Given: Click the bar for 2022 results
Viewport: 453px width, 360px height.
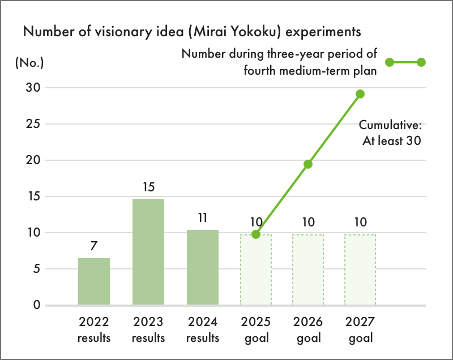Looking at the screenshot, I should (x=94, y=282).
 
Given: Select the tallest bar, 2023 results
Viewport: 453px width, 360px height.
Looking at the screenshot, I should (x=148, y=252).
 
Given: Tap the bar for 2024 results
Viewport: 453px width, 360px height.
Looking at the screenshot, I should (x=203, y=268).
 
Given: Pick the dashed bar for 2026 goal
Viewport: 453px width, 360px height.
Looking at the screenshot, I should (x=308, y=270).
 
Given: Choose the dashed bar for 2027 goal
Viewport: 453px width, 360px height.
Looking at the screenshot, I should (x=360, y=270).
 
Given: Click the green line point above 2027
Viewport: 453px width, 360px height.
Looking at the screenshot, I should (x=360, y=94).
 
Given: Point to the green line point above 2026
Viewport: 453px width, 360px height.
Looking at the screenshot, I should (x=308, y=164).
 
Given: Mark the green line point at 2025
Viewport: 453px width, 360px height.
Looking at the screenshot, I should (x=256, y=234).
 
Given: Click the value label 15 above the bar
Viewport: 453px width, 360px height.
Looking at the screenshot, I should (x=148, y=187).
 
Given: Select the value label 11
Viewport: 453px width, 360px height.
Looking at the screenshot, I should (x=203, y=217).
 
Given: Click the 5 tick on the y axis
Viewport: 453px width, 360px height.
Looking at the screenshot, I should (x=36, y=269).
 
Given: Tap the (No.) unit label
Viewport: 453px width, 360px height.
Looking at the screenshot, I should (x=29, y=63).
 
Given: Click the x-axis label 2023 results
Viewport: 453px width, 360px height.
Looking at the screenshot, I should (x=148, y=330).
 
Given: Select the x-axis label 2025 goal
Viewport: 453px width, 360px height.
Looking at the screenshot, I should (x=256, y=330).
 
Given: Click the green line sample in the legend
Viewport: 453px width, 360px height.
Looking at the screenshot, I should (x=405, y=62).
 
